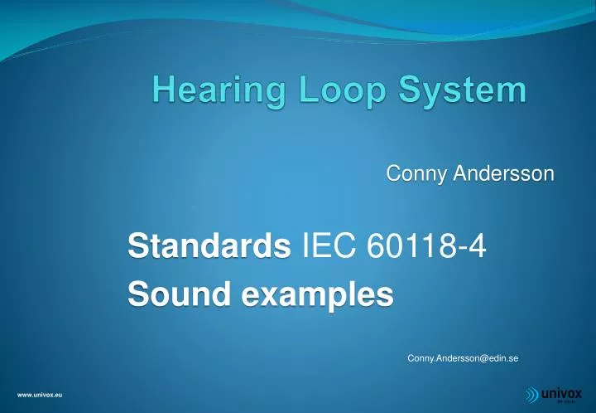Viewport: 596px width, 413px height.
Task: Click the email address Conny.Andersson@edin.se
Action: pos(463,358)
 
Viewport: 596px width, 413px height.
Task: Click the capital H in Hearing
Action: pos(162,90)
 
